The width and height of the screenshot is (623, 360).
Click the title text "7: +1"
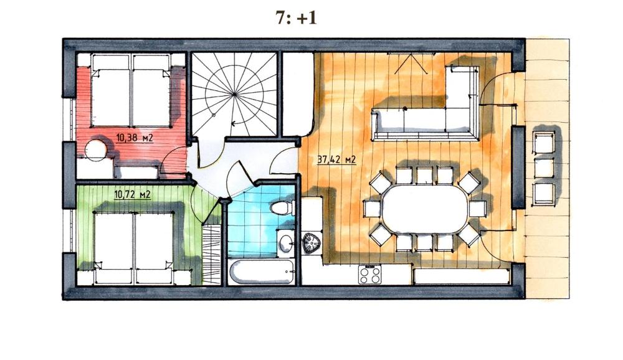[x=296, y=18]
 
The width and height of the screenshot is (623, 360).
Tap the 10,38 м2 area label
[x=135, y=138]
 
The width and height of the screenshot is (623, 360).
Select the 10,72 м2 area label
[x=132, y=195]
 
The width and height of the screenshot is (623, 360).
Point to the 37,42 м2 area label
[x=336, y=159]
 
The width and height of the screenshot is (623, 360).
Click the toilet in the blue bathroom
[x=282, y=207]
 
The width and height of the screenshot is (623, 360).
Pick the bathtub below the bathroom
[x=262, y=272]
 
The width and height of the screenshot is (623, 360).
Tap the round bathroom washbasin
[x=286, y=242]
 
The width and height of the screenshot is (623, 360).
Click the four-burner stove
[x=370, y=275]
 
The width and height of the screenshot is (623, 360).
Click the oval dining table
[x=424, y=209]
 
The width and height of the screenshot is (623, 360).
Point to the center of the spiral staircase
[x=234, y=94]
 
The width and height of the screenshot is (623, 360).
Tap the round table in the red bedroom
[x=96, y=150]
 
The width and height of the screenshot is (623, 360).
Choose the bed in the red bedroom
[x=131, y=90]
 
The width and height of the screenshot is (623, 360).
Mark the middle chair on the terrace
[x=543, y=168]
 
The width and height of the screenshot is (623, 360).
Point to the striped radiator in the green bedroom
[x=211, y=255]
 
